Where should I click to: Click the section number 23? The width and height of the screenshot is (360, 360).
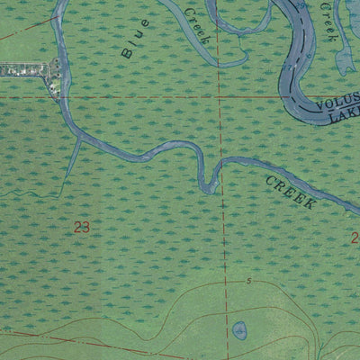pos(82,228)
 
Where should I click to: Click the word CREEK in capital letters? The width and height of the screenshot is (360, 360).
pos(290,193)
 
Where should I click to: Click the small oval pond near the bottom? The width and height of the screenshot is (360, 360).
pos(239,330)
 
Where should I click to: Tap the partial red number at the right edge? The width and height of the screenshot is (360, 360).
pos(355,238)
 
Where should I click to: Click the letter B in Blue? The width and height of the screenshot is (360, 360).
pos(126,54)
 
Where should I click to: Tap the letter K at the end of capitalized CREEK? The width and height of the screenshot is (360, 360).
pos(310,204)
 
